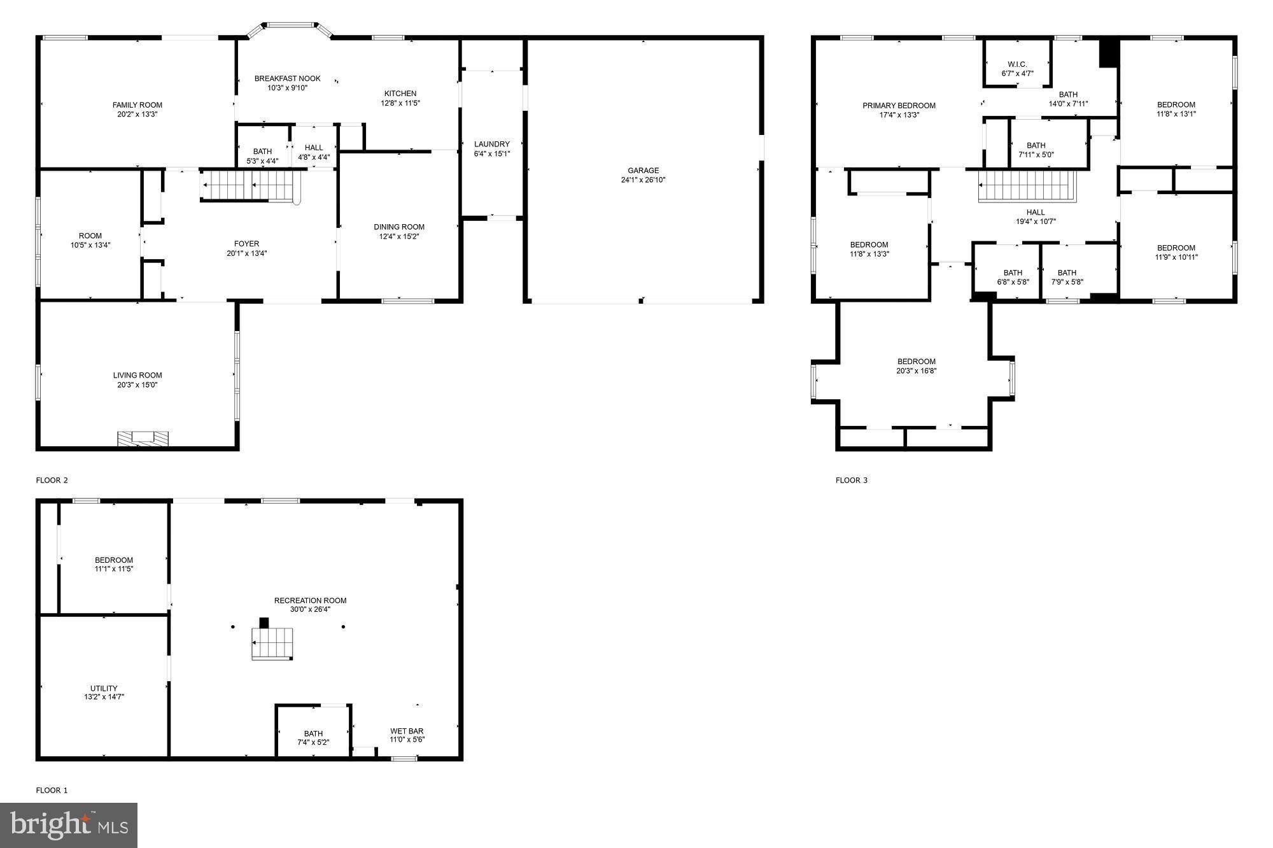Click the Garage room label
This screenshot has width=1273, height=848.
(x=643, y=171)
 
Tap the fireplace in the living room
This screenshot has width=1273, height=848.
(x=143, y=437)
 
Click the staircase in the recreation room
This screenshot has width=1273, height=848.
(x=272, y=643)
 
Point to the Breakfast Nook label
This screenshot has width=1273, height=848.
(x=287, y=79)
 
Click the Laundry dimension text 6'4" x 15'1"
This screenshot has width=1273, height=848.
(x=491, y=153)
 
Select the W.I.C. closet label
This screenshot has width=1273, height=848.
(x=1017, y=64)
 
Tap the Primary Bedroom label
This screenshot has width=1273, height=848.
(x=899, y=106)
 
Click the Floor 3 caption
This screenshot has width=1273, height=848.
(x=851, y=480)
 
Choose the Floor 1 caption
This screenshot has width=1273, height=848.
(x=52, y=790)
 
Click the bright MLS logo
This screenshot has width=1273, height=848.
(x=69, y=825)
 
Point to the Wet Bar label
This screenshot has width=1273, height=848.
(x=407, y=731)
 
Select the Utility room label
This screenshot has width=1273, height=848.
(x=104, y=688)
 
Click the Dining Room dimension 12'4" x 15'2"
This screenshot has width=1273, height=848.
(x=399, y=237)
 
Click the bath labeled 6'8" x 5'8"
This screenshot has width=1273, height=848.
(x=1013, y=278)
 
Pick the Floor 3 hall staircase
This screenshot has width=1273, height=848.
(x=1027, y=186)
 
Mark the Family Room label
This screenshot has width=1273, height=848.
(x=137, y=105)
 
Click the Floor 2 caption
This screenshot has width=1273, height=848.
(x=52, y=480)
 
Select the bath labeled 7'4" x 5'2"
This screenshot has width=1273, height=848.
(x=313, y=738)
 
